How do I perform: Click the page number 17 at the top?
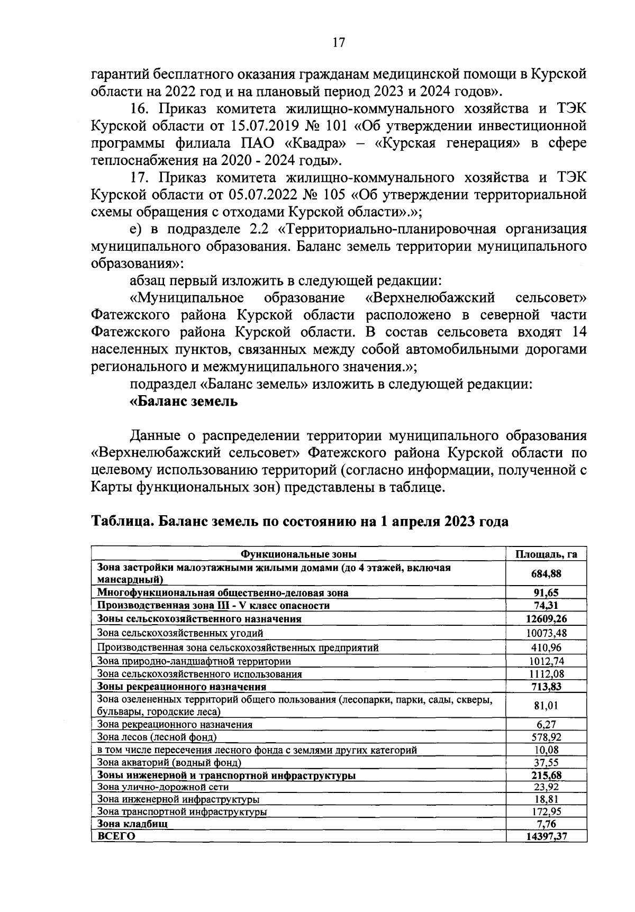[338, 43]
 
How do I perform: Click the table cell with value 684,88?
[546, 573]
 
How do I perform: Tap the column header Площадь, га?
[546, 554]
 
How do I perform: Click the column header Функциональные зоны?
[298, 554]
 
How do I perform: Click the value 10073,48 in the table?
[546, 633]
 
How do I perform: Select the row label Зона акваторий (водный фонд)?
[169, 763]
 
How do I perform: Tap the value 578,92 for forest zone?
[546, 737]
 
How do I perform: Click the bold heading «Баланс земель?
[184, 402]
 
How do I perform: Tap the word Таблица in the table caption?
[122, 522]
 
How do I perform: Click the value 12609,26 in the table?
[546, 618]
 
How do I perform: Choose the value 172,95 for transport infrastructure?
[546, 811]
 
